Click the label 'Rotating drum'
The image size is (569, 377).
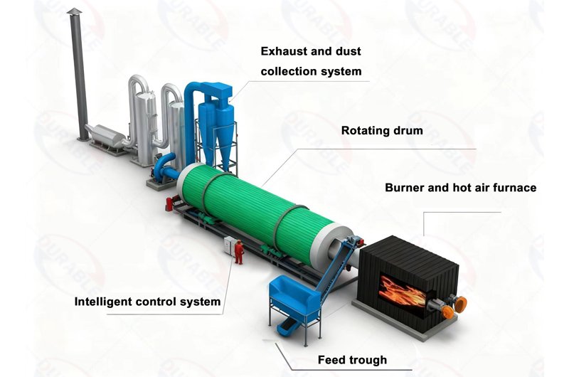(382, 131)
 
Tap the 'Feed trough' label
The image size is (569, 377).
(352, 360)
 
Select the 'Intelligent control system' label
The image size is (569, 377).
(148, 302)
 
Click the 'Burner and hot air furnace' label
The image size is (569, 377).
(460, 188)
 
